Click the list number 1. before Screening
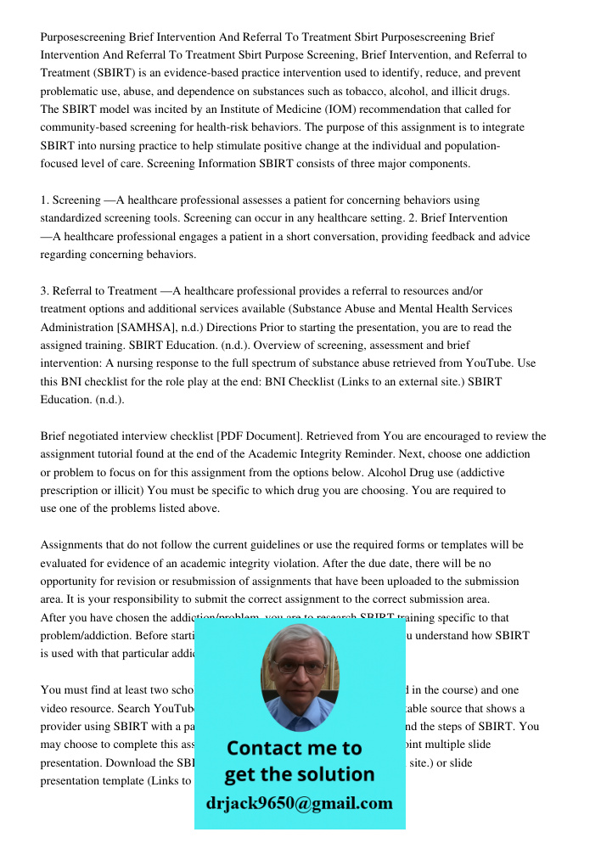(x=45, y=200)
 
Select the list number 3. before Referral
(x=45, y=291)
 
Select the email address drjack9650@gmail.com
(x=299, y=803)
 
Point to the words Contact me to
(x=294, y=748)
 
